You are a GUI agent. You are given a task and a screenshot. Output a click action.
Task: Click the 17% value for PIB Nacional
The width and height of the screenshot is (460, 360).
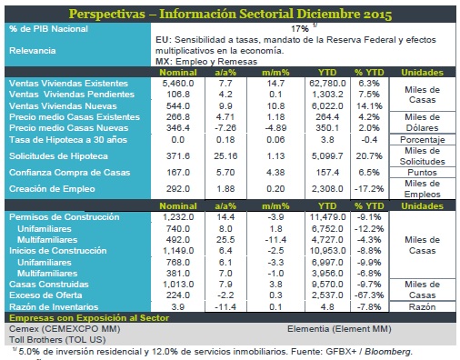[300, 29]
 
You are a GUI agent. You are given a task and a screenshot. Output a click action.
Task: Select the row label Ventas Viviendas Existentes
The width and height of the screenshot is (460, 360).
[68, 84]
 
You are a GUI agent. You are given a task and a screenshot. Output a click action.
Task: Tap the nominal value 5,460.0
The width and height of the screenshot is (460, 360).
[178, 84]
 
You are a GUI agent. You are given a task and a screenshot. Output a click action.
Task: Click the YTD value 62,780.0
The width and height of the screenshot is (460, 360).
[327, 84]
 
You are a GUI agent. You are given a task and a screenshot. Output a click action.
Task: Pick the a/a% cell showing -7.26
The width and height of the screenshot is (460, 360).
[225, 128]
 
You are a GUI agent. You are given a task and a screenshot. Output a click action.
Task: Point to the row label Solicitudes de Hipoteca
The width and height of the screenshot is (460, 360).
[58, 156]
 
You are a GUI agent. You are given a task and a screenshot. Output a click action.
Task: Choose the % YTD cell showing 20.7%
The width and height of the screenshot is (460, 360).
[368, 156]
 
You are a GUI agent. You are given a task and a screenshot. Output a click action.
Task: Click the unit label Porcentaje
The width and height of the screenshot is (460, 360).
[423, 140]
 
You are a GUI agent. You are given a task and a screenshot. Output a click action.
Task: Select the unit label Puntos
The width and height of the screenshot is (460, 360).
[422, 173]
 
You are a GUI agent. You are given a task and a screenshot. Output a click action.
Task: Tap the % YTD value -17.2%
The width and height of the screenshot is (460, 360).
[369, 189]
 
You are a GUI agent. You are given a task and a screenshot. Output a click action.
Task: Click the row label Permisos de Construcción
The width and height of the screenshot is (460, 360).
[65, 217]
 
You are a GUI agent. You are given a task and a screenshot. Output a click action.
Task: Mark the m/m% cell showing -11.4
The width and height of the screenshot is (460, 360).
[275, 240]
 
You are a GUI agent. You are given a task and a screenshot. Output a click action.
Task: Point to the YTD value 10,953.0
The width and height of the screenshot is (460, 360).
[327, 251]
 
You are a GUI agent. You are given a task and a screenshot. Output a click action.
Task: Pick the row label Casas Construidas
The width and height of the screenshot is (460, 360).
[49, 285]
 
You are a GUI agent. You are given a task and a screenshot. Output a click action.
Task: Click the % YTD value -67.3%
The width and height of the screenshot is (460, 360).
[369, 295]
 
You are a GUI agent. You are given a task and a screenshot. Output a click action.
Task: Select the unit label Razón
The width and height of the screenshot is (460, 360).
[422, 307]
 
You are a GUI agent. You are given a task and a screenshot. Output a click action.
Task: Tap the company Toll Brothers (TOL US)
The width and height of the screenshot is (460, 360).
[57, 340]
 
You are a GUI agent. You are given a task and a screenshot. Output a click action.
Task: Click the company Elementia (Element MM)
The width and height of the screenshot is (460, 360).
[339, 329]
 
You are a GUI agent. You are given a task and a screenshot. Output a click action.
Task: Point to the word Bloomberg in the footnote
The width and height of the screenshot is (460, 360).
[388, 352]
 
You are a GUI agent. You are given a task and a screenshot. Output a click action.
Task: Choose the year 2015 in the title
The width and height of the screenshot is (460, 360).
[377, 15]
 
